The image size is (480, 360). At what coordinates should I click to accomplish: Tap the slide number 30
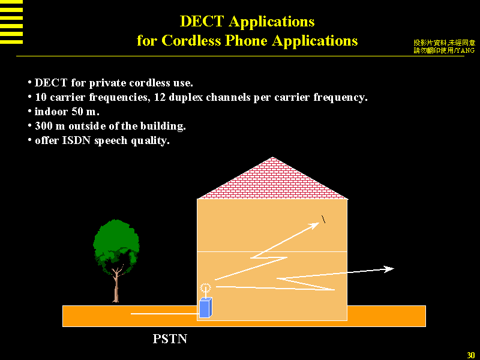[x=471, y=354]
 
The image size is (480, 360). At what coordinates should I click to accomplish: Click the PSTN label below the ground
[x=170, y=339]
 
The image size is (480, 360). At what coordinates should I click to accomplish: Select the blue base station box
[x=205, y=307]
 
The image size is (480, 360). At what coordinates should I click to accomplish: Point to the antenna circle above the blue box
[x=206, y=287]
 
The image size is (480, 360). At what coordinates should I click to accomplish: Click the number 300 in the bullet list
[x=44, y=126]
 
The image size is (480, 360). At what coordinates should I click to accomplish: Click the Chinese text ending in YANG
[x=444, y=50]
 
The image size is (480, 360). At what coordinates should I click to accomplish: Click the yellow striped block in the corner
[x=11, y=22]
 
